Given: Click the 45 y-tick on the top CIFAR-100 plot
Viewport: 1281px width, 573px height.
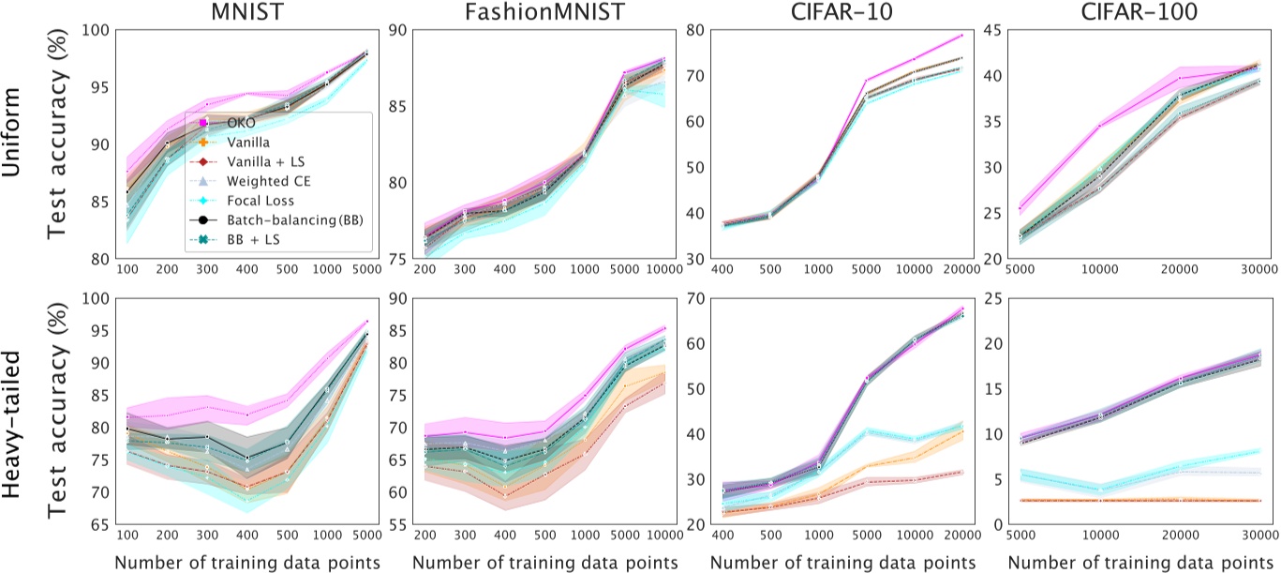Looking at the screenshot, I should pyautogui.click(x=981, y=30).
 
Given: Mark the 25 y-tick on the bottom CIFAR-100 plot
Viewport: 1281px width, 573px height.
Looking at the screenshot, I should pyautogui.click(x=981, y=299).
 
